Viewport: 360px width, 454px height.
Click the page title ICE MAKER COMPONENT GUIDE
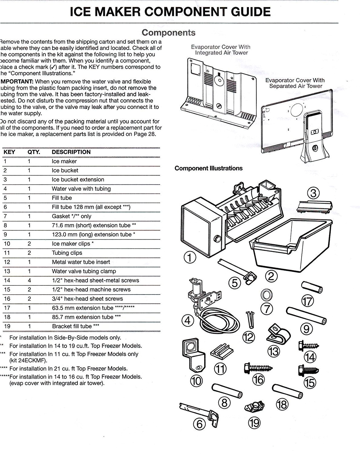pos(170,12)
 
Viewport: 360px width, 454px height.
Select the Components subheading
pos(169,33)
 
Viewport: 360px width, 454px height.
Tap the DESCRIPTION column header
pos(71,152)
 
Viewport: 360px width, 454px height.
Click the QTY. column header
pos(34,152)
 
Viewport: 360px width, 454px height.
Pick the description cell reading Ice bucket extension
pos(78,179)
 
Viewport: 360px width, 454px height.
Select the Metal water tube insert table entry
pos(81,262)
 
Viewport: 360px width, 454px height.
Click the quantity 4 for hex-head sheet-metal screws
pos(29,281)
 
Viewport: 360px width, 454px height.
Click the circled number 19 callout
pos(254,423)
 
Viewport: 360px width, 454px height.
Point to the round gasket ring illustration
pos(266,294)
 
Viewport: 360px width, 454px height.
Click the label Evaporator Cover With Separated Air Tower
pos(295,83)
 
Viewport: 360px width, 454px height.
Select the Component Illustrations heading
pos(209,168)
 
